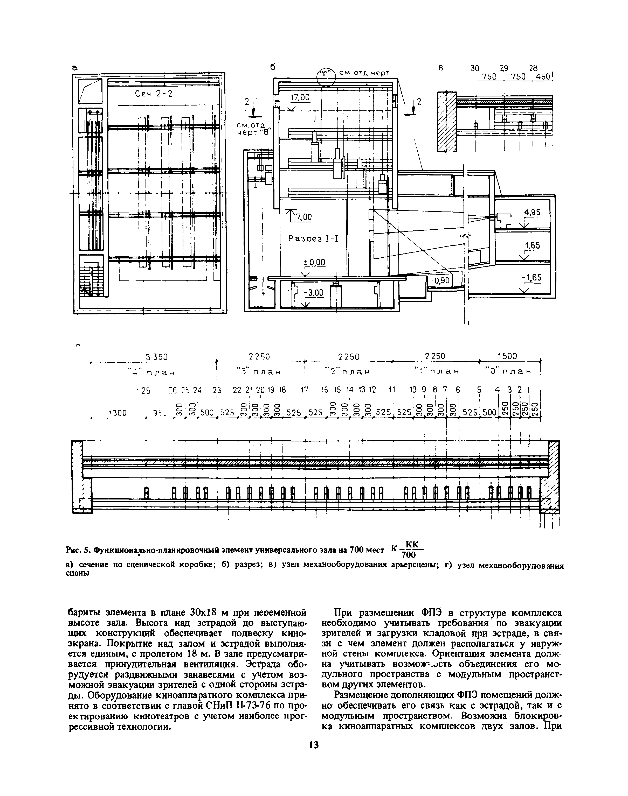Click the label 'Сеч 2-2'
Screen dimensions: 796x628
pyautogui.click(x=153, y=94)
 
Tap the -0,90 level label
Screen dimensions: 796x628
pyautogui.click(x=441, y=281)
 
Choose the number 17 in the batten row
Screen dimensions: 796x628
pyautogui.click(x=304, y=390)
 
